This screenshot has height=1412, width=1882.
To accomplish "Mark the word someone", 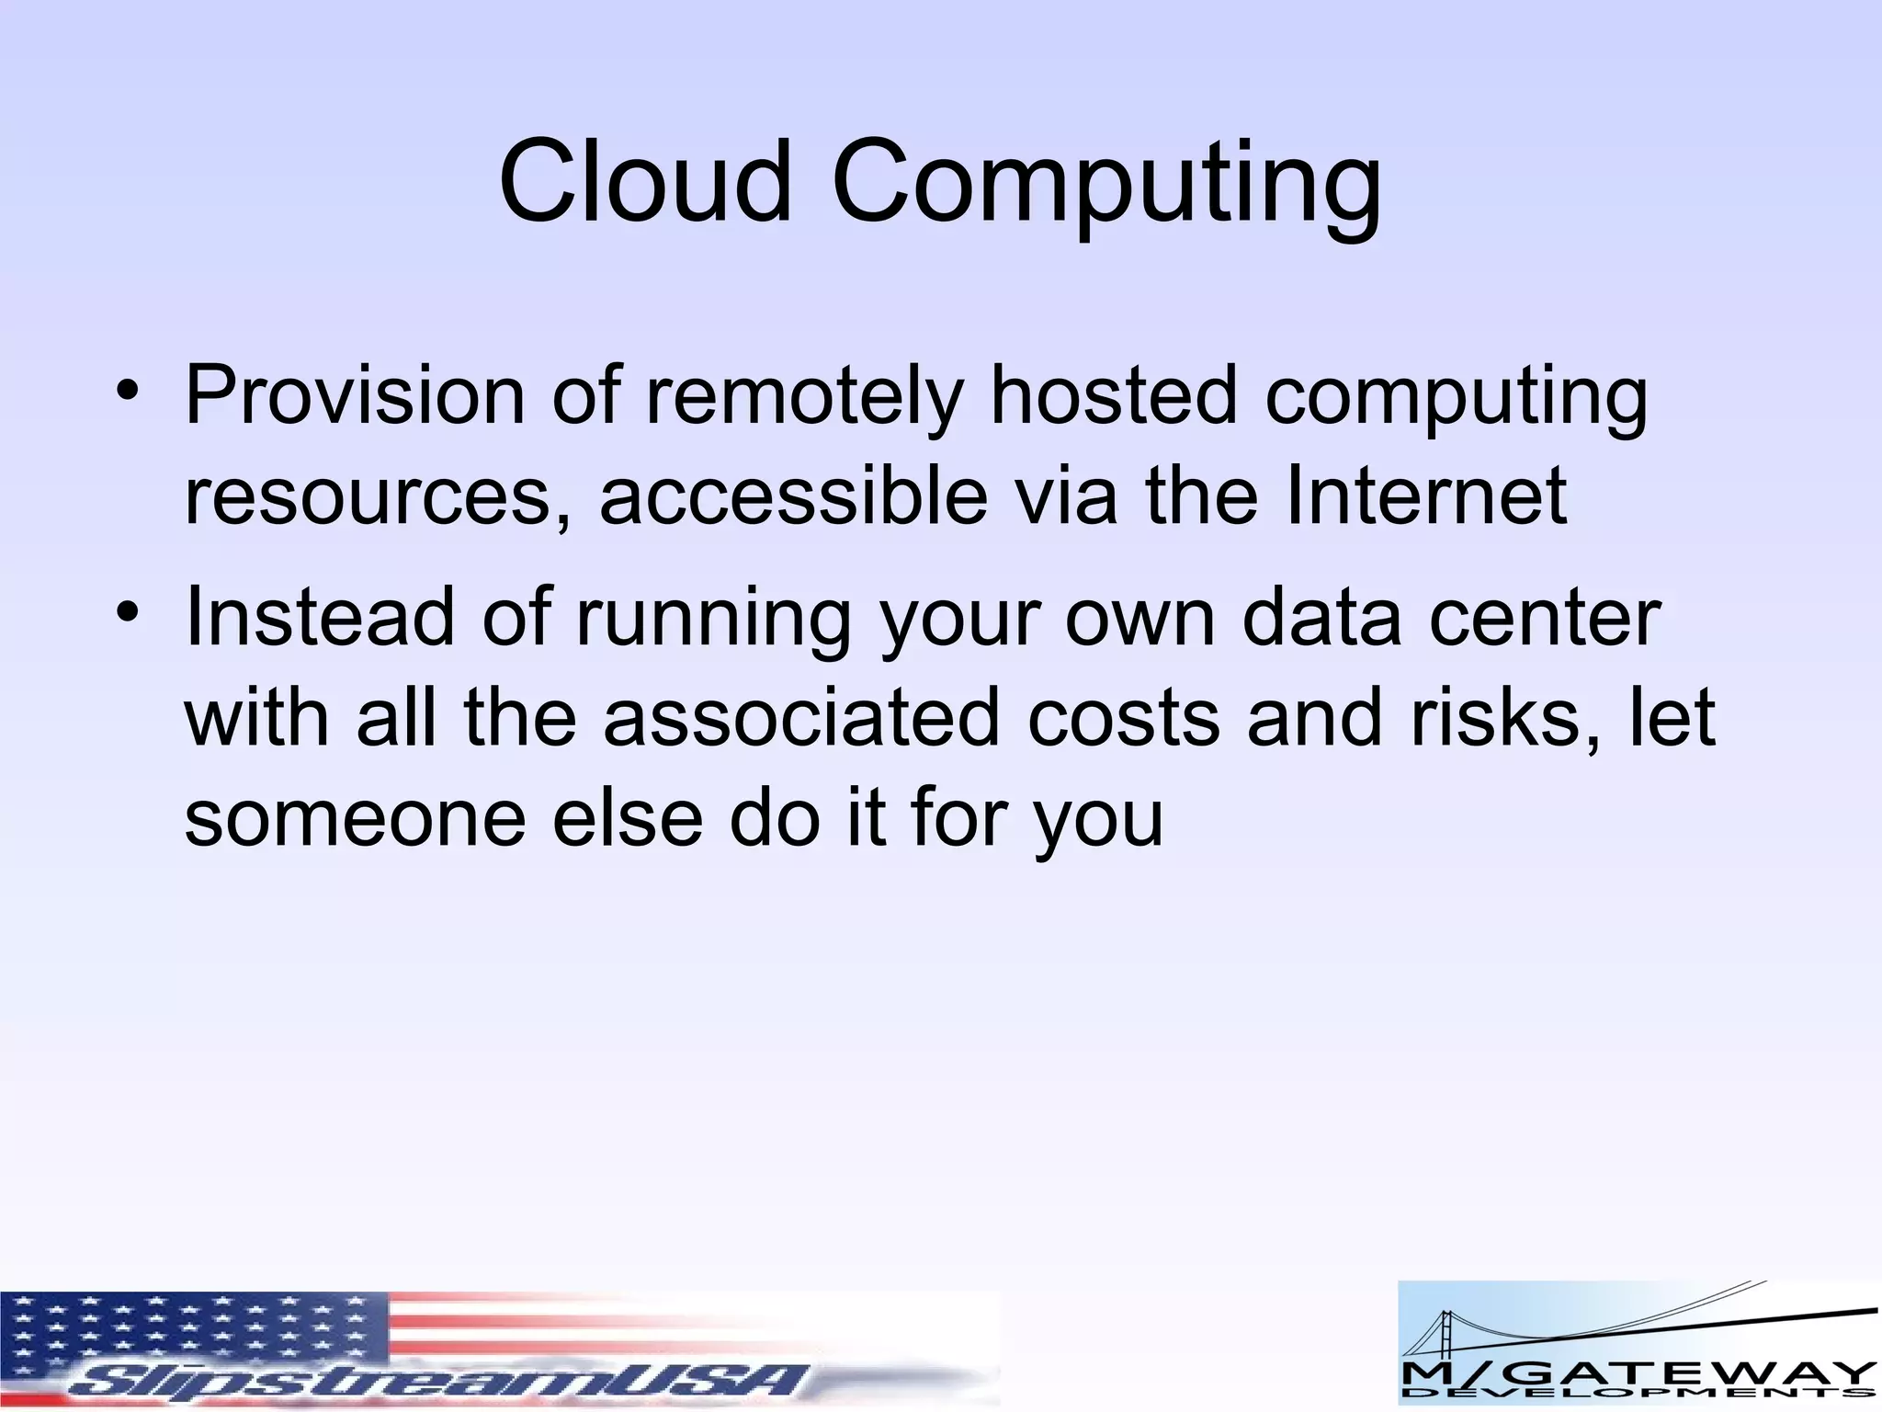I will (x=355, y=818).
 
